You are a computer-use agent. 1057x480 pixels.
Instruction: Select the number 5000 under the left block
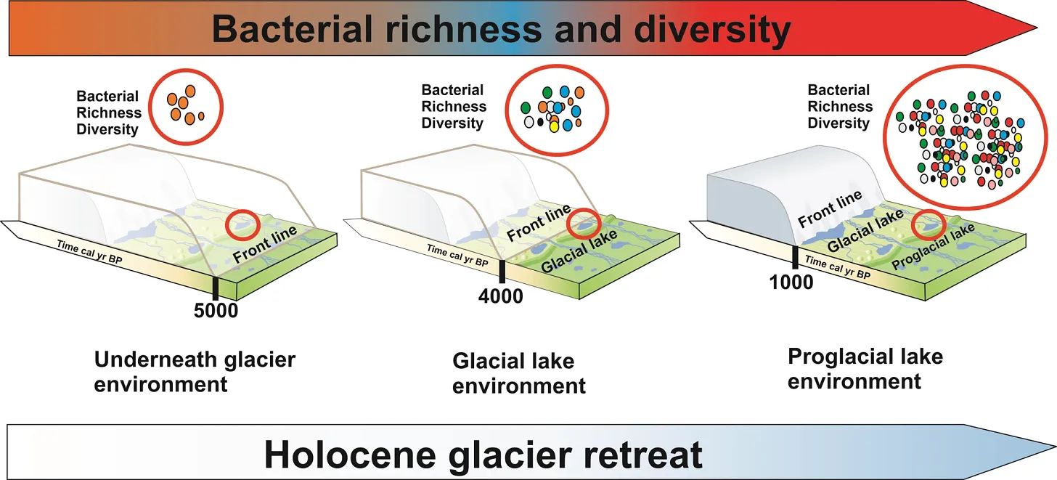point(216,311)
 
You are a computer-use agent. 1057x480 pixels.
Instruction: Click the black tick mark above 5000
point(216,287)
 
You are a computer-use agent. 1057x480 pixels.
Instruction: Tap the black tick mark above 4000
point(501,272)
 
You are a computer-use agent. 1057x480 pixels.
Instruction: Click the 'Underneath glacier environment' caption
point(195,371)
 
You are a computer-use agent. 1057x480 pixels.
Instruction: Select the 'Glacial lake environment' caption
point(518,373)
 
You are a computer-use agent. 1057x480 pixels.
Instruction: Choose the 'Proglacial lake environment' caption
point(865,368)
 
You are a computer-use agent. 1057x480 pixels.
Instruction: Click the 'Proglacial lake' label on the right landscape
point(933,247)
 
